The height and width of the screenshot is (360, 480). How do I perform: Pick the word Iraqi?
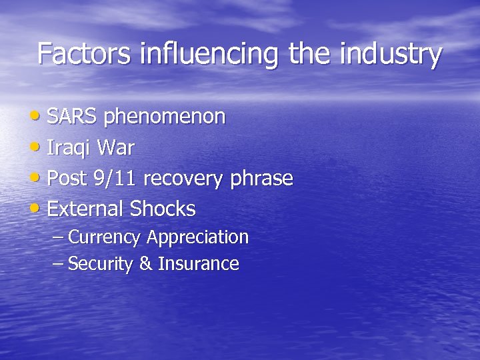[69, 148]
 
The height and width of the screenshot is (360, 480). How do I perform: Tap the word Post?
[66, 178]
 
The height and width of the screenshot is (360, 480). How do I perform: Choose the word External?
[86, 209]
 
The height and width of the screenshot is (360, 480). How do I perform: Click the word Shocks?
[163, 209]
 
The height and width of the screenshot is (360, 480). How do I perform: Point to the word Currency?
[105, 237]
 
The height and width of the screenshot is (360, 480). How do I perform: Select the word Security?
[101, 264]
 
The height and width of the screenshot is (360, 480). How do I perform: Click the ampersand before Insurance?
[145, 264]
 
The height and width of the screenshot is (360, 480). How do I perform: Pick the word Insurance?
[198, 264]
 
